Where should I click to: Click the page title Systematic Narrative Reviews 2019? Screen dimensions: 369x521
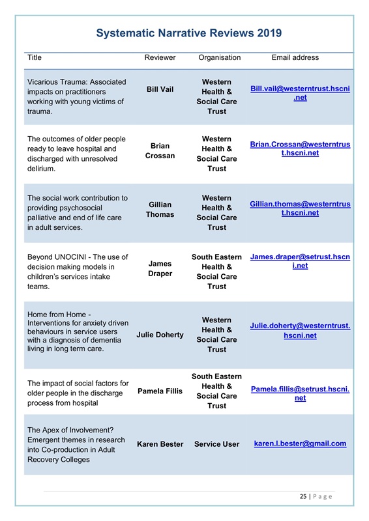pyautogui.click(x=188, y=33)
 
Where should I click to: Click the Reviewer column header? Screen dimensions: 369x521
pyautogui.click(x=160, y=57)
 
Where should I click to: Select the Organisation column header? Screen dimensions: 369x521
pyautogui.click(x=219, y=57)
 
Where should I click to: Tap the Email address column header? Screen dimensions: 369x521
pyautogui.click(x=295, y=57)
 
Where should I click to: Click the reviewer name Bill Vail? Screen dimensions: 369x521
pyautogui.click(x=160, y=89)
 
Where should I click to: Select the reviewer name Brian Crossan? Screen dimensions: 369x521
pyautogui.click(x=160, y=151)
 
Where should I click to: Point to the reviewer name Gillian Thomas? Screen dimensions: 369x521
pyautogui.click(x=160, y=210)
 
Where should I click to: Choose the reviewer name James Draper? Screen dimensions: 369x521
pyautogui.click(x=160, y=268)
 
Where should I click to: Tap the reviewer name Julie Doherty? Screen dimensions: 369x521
pyautogui.click(x=160, y=335)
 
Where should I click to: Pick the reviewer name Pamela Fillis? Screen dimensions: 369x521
pyautogui.click(x=160, y=391)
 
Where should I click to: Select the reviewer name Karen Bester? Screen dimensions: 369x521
pyautogui.click(x=160, y=444)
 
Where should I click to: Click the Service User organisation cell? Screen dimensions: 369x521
pyautogui.click(x=216, y=444)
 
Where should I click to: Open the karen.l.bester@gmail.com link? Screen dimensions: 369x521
pyautogui.click(x=300, y=444)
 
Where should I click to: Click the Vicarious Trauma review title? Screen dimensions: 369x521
pyautogui.click(x=76, y=96)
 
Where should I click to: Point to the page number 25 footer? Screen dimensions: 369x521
pyautogui.click(x=316, y=496)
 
